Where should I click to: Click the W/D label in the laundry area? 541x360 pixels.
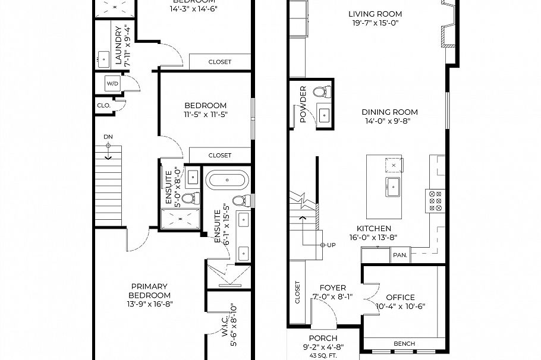coord(113,84)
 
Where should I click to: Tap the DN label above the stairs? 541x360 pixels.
coord(108,137)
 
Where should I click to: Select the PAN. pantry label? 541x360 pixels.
coord(400,255)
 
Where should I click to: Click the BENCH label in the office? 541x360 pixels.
coord(404,344)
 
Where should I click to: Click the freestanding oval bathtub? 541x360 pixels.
coord(227,180)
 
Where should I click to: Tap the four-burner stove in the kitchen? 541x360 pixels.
coord(435,201)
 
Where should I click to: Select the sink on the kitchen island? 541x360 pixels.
coord(392,186)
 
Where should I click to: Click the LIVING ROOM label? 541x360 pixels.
coord(383,14)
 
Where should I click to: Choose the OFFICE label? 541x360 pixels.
coord(400,298)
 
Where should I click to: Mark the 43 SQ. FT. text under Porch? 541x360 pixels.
coord(323,355)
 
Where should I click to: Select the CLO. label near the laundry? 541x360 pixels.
coord(103,106)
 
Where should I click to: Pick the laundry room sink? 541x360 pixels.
coord(103,59)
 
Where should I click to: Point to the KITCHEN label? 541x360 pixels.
coord(373,229)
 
